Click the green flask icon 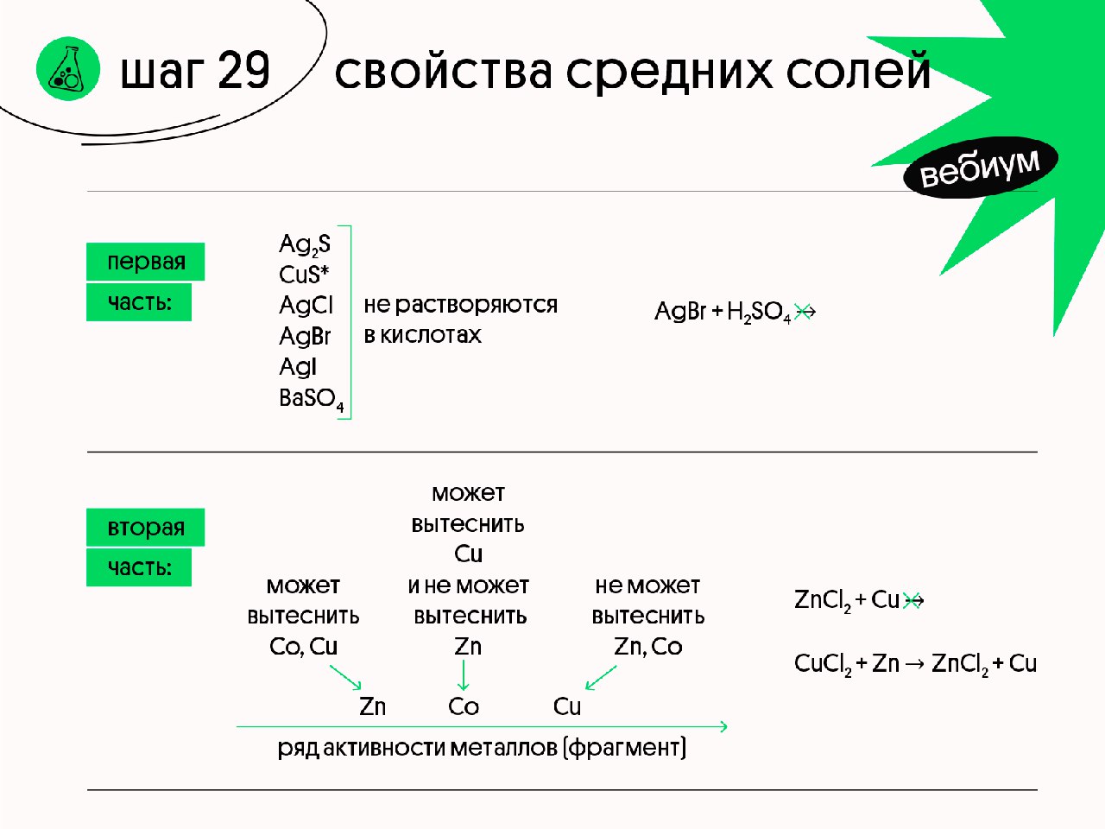[67, 69]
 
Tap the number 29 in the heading [243, 71]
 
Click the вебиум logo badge [980, 167]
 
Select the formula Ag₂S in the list [304, 244]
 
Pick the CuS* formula [304, 275]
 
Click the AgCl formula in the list [306, 305]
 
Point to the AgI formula [298, 367]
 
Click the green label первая [146, 262]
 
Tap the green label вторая [146, 527]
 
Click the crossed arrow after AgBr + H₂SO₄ [805, 312]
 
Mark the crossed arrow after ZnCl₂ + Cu [913, 600]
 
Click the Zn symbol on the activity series [372, 706]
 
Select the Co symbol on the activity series [464, 706]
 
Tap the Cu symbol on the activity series [567, 706]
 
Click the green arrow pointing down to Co [464, 675]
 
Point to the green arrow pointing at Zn [345, 676]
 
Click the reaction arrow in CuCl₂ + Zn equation [914, 664]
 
